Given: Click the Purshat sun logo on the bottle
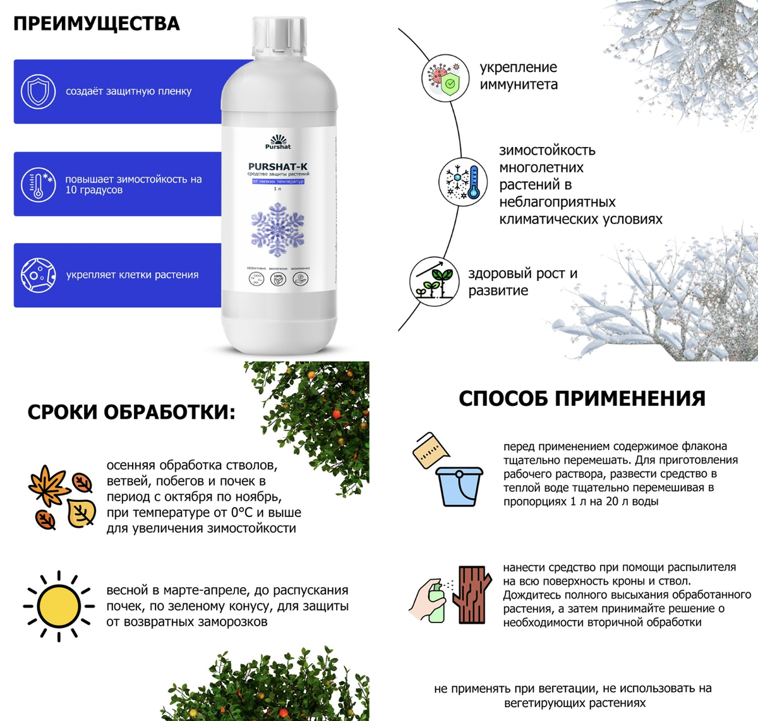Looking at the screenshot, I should tap(278, 140).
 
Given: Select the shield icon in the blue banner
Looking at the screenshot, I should tap(39, 92).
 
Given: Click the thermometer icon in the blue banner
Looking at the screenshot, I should tap(39, 184).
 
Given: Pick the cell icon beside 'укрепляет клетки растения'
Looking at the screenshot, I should tap(39, 275).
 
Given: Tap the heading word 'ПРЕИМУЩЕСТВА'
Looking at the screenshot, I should tap(97, 24).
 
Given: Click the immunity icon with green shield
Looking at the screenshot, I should tap(445, 77).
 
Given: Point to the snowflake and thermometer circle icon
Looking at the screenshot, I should tap(463, 182).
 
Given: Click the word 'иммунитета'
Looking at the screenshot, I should tap(519, 85).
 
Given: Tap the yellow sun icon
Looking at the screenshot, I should tap(59, 606).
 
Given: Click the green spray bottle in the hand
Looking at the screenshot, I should tap(436, 603).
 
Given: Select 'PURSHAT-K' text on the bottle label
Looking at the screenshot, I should tap(278, 167).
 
